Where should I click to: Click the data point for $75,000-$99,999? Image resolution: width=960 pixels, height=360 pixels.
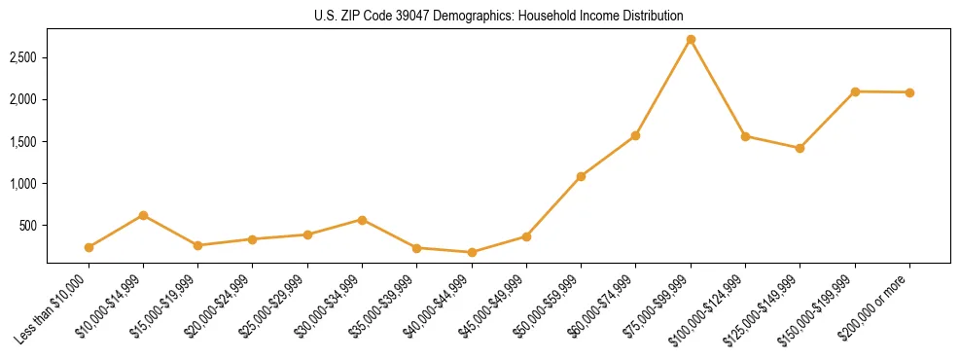coord(691,40)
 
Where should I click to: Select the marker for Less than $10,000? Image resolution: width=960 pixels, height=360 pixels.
coord(89,247)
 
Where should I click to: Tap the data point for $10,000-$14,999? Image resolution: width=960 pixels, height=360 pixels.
coord(143,215)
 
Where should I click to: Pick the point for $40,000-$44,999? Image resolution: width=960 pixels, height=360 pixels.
coord(472,252)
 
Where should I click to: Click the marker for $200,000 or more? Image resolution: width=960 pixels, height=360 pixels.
coord(909,92)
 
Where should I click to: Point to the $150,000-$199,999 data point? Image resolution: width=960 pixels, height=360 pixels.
coord(855,91)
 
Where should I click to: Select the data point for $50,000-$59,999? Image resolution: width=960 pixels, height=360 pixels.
coord(581,176)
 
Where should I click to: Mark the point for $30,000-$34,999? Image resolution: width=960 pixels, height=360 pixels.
coord(362,220)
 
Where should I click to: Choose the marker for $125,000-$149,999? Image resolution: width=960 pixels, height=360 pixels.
coord(800,148)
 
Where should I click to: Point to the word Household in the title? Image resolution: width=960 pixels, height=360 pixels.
coord(554,17)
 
